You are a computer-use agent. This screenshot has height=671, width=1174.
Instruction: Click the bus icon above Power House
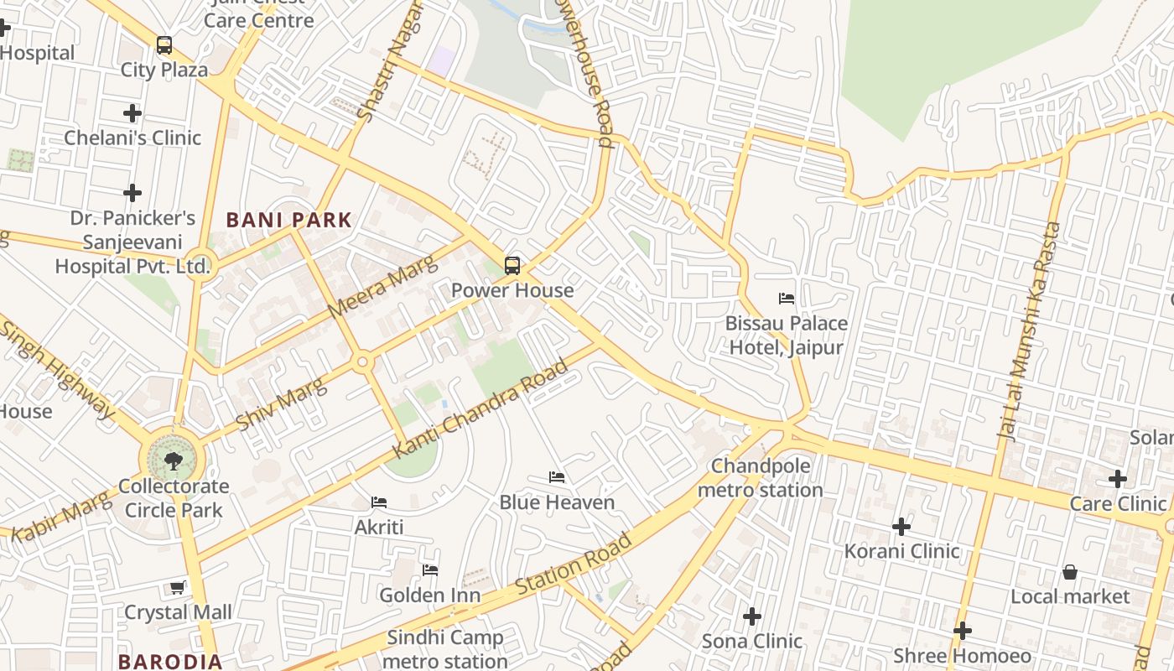512,266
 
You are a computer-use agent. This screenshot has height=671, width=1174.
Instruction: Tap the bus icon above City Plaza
164,45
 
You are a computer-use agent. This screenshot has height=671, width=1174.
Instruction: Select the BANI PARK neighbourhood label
289,221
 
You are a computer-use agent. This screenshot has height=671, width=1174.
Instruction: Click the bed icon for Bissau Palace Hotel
786,299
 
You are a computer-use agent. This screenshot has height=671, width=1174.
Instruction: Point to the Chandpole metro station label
760,478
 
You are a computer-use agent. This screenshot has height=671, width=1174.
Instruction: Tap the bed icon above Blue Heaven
556,477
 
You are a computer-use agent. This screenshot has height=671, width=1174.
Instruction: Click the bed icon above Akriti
379,502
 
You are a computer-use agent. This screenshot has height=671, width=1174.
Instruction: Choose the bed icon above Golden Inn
430,570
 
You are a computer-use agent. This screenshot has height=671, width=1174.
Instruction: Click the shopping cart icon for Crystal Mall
178,587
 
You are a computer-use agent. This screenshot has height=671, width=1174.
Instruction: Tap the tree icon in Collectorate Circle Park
174,460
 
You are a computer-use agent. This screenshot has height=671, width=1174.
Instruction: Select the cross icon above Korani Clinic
901,527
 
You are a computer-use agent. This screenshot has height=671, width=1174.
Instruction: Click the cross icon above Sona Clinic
752,616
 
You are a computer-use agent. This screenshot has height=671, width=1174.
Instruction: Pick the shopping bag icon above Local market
1070,572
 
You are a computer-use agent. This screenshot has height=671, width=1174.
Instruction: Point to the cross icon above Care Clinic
1117,479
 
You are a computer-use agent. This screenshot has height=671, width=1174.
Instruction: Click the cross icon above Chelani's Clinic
132,112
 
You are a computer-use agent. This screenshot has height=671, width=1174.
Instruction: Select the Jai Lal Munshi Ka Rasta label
1029,331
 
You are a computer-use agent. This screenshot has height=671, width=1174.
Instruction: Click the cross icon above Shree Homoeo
963,631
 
